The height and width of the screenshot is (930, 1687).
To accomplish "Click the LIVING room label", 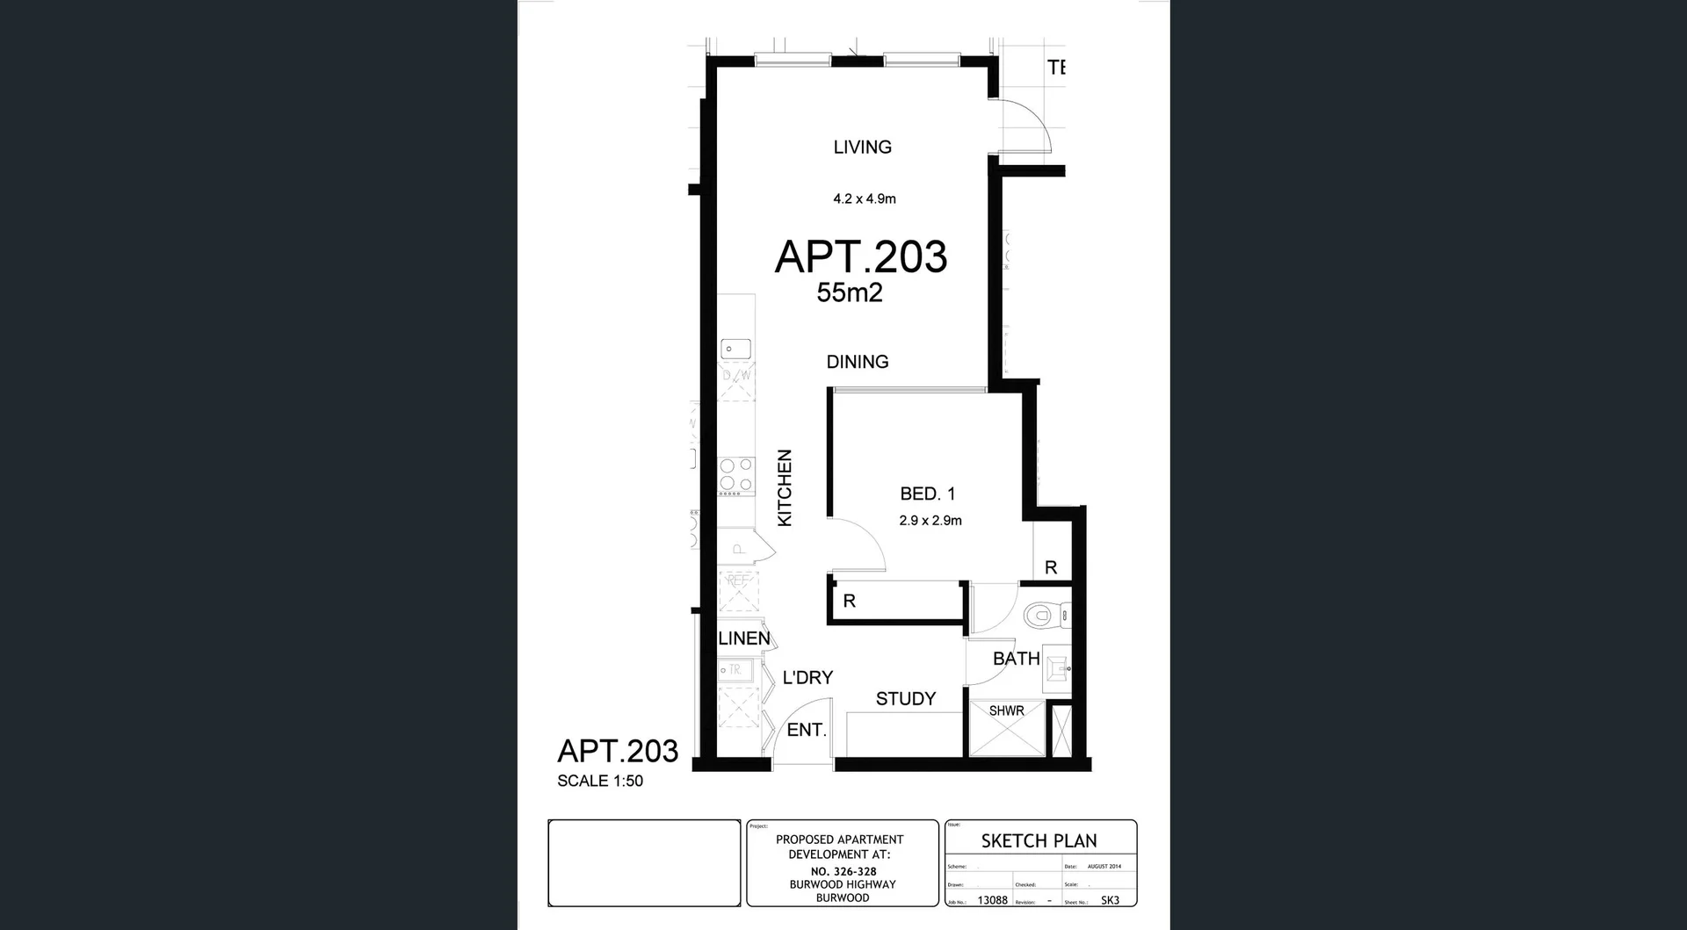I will point(862,148).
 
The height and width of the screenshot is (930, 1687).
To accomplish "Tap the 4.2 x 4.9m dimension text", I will point(865,199).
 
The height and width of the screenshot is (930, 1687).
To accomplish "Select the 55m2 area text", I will point(849,292).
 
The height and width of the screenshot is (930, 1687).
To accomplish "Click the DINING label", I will point(858,362).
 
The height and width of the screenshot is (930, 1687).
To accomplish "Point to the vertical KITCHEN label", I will point(785,488).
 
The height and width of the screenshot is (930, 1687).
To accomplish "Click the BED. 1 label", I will point(927,494).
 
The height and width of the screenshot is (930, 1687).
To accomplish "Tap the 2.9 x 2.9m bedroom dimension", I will point(930,521).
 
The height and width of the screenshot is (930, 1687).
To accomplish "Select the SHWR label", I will point(1006,710).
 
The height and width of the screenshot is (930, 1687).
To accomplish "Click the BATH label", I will point(1016,659).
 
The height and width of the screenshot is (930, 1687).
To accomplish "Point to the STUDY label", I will point(905,699).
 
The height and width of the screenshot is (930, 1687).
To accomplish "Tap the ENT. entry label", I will point(806,730).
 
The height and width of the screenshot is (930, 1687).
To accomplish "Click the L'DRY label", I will point(807,678).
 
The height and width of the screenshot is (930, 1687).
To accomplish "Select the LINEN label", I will point(743,638).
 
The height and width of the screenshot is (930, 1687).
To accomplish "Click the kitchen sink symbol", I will point(735,350).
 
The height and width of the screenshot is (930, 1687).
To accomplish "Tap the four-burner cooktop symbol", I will point(736,475).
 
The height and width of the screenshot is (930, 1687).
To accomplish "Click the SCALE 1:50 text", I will point(600,781).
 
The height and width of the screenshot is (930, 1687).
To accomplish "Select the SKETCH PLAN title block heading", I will point(1039,840).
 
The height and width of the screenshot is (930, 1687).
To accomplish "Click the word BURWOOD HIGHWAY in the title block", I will point(842,884).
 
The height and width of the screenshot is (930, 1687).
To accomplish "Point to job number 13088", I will point(992,900).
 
